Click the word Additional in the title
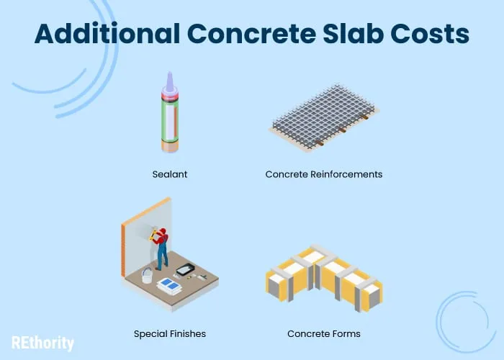click(107, 34)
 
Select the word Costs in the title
click(430, 34)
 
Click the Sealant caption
click(170, 174)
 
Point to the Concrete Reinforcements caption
click(324, 174)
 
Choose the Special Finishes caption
click(170, 334)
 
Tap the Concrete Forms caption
click(324, 334)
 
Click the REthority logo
click(42, 343)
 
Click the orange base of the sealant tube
click(170, 146)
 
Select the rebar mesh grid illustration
click(324, 117)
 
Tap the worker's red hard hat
click(163, 231)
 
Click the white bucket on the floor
click(147, 276)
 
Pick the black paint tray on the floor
click(186, 269)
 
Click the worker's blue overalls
click(163, 252)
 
